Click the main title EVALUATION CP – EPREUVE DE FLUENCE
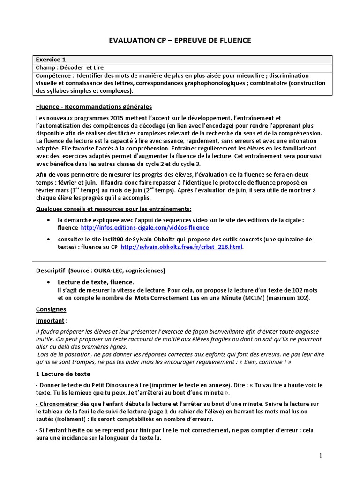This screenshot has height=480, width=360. [180, 41]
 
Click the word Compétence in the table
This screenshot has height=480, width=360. [54, 75]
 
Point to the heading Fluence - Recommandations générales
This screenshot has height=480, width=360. [94, 106]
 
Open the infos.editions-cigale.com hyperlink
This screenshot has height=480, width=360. [138, 228]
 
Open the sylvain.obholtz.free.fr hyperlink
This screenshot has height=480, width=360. [182, 247]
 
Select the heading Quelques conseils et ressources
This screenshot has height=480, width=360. [113, 209]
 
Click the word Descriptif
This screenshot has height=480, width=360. [51, 270]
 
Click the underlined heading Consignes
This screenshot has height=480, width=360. [51, 309]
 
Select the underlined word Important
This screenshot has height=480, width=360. [51, 321]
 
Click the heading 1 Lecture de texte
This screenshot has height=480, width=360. [63, 374]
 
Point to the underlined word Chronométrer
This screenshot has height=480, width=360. [60, 404]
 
